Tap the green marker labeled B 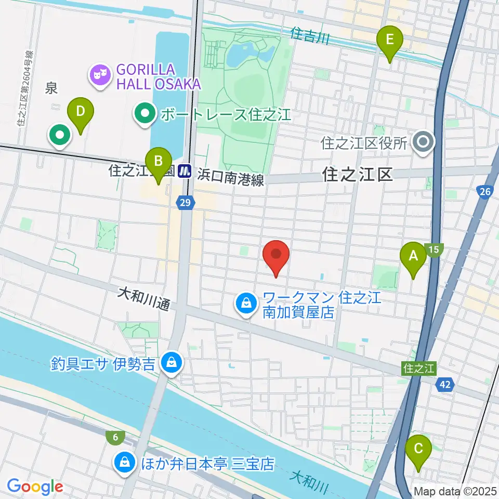point(157,162)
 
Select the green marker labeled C point(419,449)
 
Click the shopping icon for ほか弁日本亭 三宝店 point(125,463)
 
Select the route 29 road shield point(186,203)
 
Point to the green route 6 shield point(114,438)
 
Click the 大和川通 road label point(143,300)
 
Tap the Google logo point(35,487)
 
